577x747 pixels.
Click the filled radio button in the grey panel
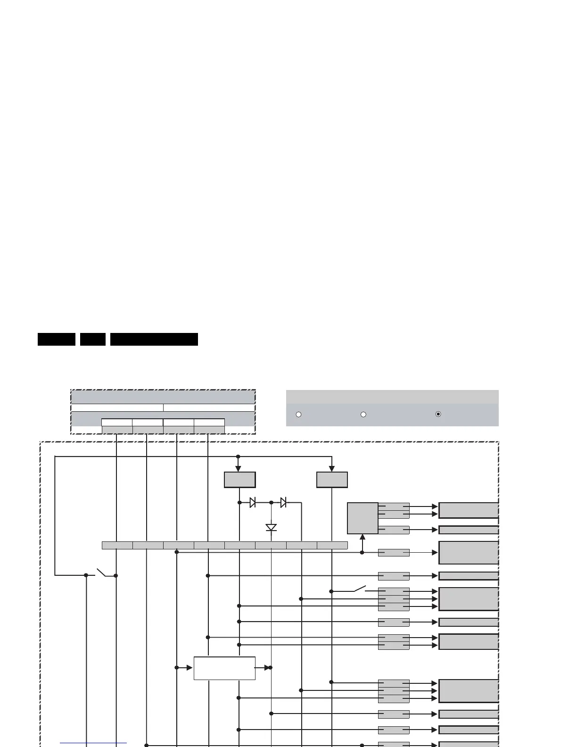[438, 414]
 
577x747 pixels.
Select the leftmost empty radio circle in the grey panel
[298, 415]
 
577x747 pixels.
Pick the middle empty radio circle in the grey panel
[363, 415]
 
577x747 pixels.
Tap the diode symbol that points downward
[271, 527]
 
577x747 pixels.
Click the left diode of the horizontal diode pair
[253, 503]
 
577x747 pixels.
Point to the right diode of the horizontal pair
[283, 503]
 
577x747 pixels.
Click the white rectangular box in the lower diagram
[224, 668]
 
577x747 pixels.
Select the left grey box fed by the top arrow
[239, 480]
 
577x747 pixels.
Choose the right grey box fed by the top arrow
[332, 480]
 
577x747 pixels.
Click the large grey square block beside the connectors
[363, 518]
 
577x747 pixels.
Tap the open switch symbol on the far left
[101, 573]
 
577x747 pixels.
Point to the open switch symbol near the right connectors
[360, 589]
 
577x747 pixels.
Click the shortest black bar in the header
[93, 339]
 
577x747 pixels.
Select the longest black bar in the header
[154, 339]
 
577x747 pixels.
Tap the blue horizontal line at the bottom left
[93, 743]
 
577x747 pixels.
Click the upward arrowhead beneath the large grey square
[363, 537]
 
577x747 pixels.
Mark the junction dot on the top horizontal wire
[238, 456]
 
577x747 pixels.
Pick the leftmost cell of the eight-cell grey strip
[117, 546]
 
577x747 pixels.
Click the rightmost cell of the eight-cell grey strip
[332, 546]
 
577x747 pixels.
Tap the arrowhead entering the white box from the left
[190, 668]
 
